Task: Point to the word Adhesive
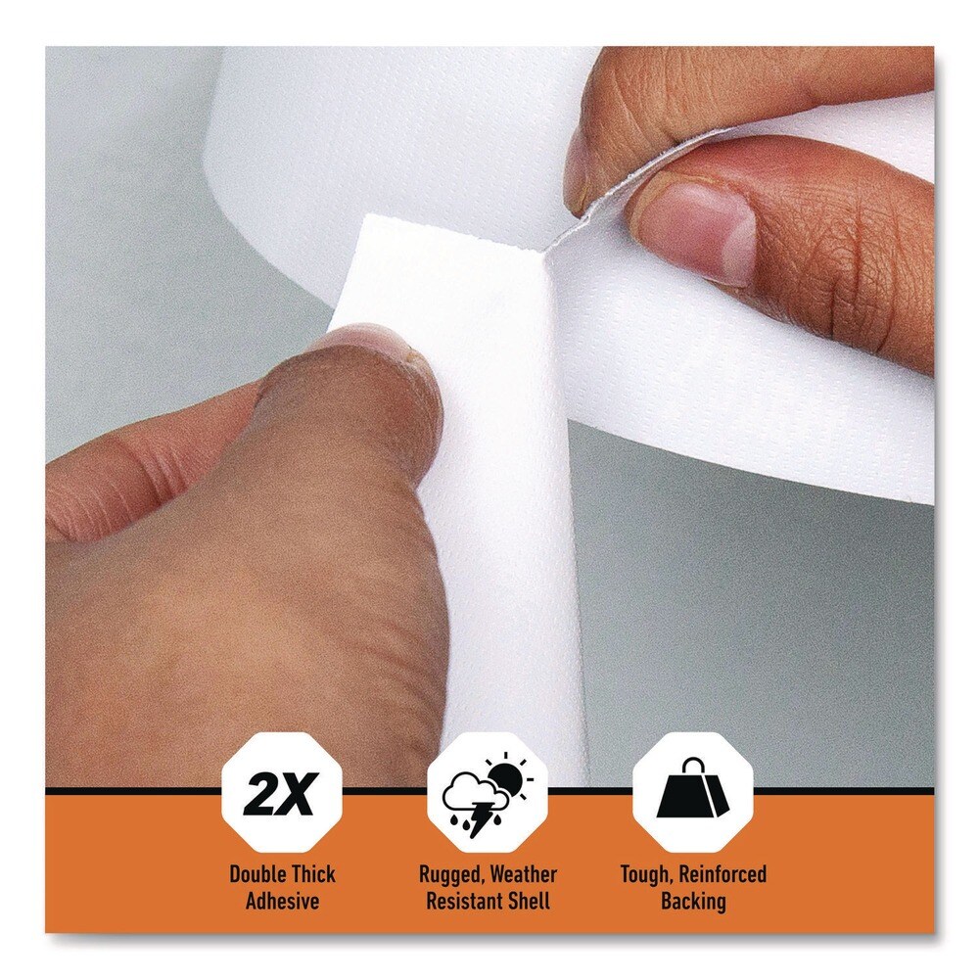[282, 901]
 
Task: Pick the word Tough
[644, 874]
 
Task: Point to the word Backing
[692, 901]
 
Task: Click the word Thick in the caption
[311, 874]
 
